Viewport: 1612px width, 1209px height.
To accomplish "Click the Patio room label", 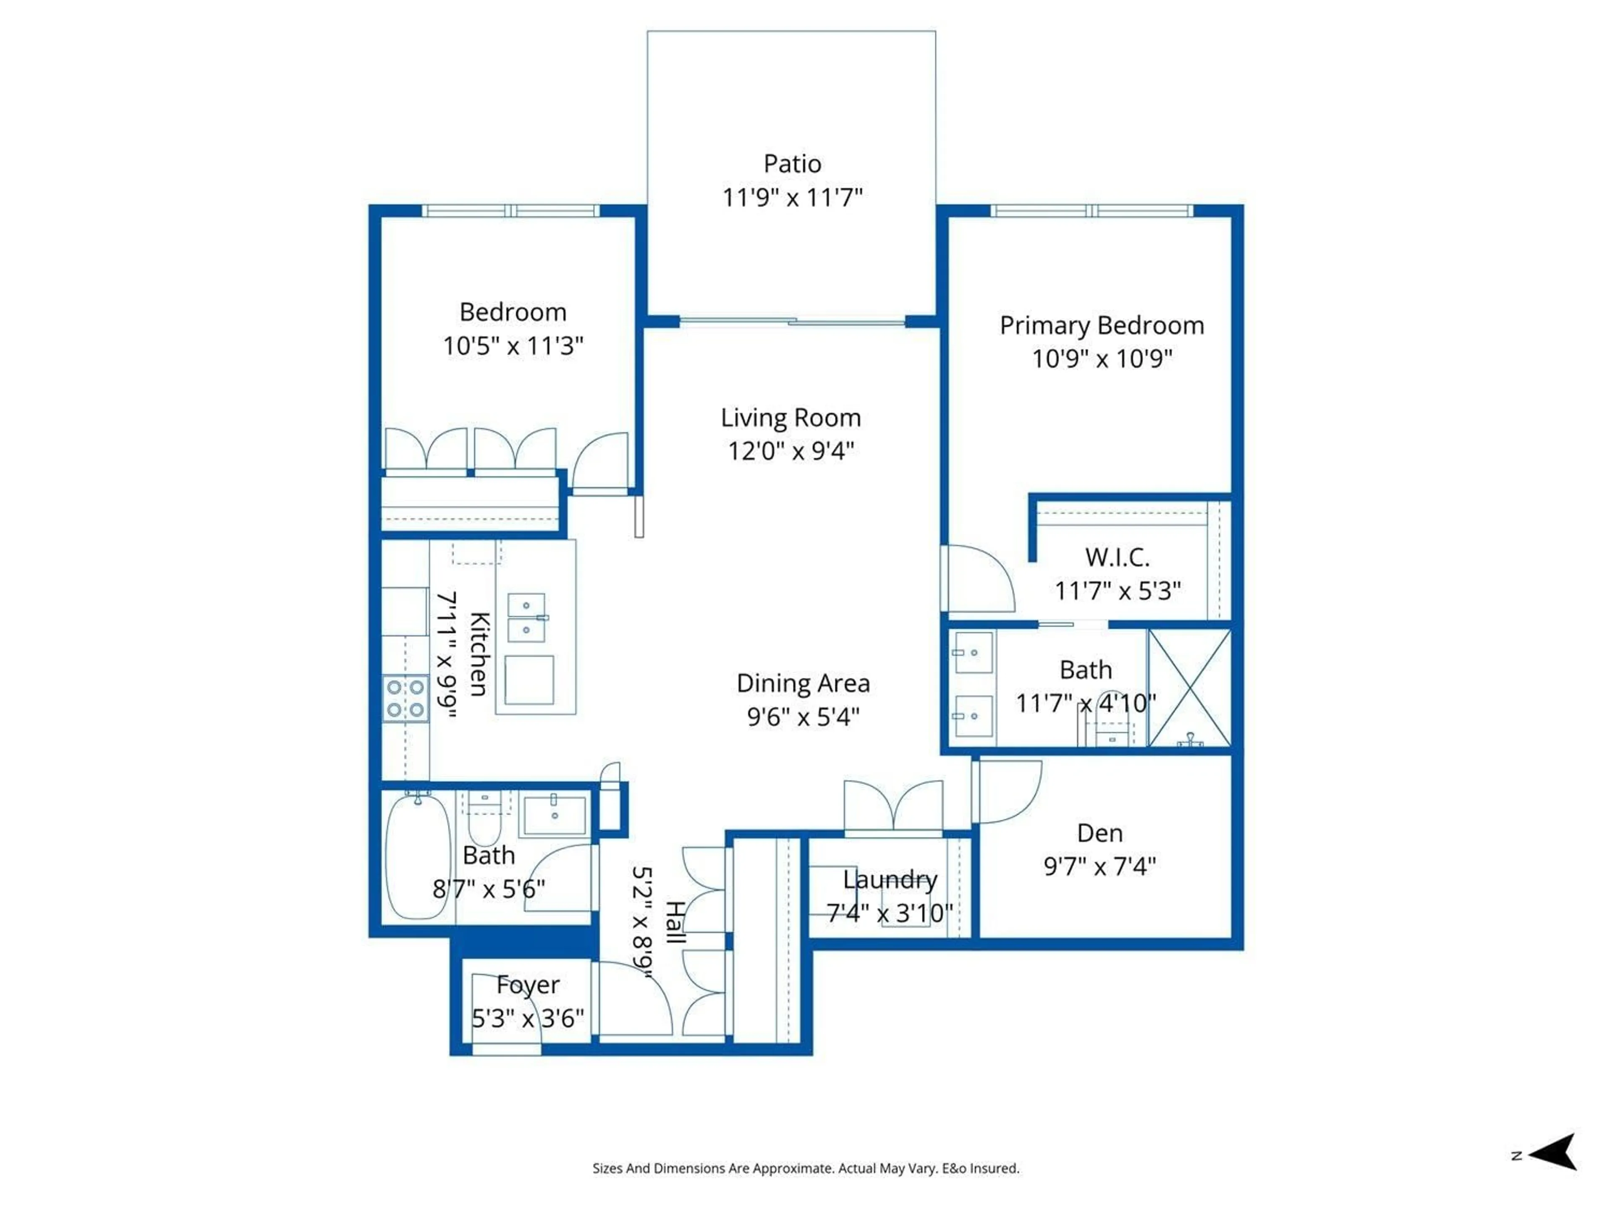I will tap(792, 164).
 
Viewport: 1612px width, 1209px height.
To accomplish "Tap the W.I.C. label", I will tap(1117, 557).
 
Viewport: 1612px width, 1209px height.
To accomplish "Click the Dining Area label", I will tap(803, 683).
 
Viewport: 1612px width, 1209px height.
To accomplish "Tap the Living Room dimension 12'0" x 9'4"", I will tap(791, 451).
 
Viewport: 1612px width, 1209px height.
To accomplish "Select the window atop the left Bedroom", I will tap(510, 211).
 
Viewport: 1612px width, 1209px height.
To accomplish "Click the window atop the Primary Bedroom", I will tap(1091, 211).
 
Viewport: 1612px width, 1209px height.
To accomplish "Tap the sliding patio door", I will tap(792, 322).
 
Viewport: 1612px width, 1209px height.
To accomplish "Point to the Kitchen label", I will tap(479, 654).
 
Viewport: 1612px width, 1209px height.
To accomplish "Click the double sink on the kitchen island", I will tap(526, 617).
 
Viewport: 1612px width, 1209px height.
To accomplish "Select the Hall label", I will tap(675, 922).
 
